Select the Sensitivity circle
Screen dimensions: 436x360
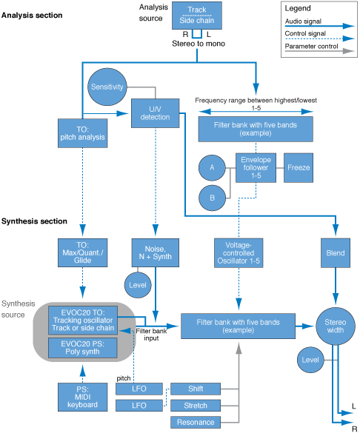pyautogui.click(x=107, y=87)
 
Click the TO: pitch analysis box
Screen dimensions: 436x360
pyautogui.click(x=81, y=133)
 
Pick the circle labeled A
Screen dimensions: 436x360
pyautogui.click(x=212, y=169)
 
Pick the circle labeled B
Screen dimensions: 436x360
pyautogui.click(x=212, y=198)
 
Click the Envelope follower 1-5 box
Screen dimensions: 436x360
pyautogui.click(x=257, y=168)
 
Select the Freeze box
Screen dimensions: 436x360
pyautogui.click(x=299, y=168)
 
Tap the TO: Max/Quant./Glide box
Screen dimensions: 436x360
pyautogui.click(x=81, y=252)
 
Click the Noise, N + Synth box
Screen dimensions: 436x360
pyautogui.click(x=156, y=252)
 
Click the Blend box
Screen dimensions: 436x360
pyautogui.click(x=336, y=253)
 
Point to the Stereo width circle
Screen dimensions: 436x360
pyautogui.click(x=336, y=326)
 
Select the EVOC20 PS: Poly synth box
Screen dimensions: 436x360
pyautogui.click(x=81, y=347)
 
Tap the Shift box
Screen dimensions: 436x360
pyautogui.click(x=196, y=389)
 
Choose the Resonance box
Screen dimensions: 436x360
pyautogui.click(x=196, y=422)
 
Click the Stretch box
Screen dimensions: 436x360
pyautogui.click(x=196, y=406)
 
